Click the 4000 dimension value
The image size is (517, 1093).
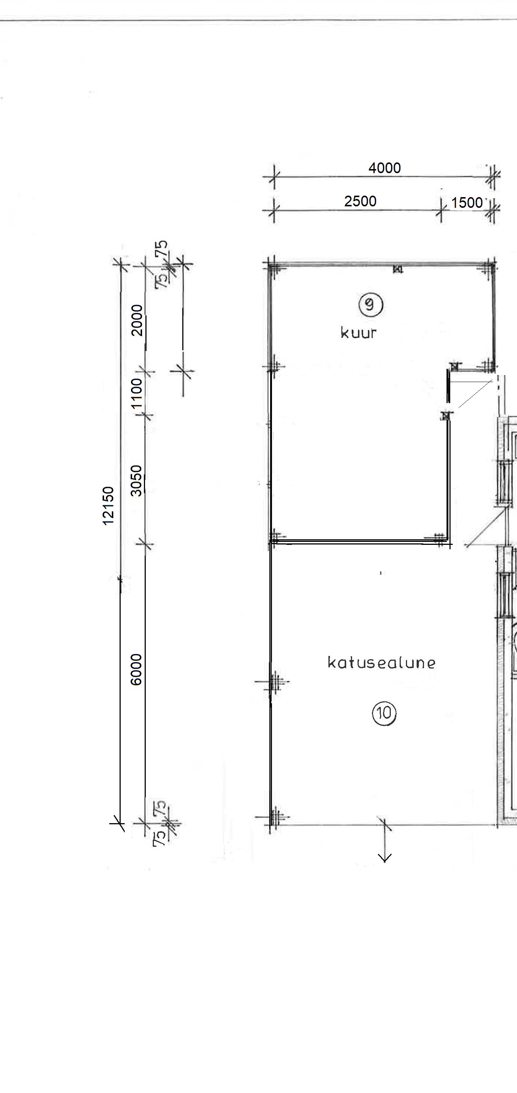point(384,168)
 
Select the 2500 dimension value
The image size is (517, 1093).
point(360,201)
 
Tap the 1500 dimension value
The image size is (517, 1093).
point(466,203)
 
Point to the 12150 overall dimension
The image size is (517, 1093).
point(108,505)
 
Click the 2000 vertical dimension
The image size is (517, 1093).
point(137,320)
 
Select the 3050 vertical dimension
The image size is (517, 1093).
point(136,481)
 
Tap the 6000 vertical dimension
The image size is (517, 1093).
point(136,670)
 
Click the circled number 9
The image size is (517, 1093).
point(370,305)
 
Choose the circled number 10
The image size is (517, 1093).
point(384,713)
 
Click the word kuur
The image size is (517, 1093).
point(358,333)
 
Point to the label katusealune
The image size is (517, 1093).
point(381,662)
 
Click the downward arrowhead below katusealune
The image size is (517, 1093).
point(385,858)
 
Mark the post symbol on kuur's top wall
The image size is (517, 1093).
point(397,269)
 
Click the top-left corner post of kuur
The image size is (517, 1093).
point(272,267)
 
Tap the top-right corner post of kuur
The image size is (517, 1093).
point(491,267)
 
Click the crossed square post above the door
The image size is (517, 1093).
point(455,366)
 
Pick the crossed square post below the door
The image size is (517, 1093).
point(445,416)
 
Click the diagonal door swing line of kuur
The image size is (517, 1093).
point(475,394)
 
